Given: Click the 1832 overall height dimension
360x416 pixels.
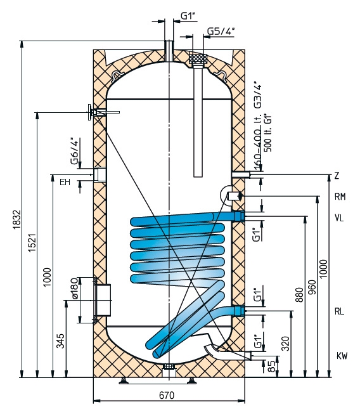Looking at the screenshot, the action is [16, 219].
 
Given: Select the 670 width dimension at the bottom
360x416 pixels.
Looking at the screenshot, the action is [167, 395].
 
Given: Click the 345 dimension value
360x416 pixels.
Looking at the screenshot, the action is [60, 341].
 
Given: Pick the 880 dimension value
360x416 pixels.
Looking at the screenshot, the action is [299, 295].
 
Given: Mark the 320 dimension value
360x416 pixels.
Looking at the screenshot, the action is [285, 344].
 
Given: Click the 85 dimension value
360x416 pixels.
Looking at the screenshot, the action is [271, 366].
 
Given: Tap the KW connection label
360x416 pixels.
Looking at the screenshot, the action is [342, 356].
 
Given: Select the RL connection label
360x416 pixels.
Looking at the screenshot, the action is [339, 311].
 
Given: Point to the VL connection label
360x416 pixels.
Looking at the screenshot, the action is [339, 218].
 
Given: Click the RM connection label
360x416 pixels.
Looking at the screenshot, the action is [340, 197].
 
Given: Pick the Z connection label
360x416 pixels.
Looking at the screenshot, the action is [337, 176].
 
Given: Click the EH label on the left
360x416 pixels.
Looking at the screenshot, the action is [65, 182].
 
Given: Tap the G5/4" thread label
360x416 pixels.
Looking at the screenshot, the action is [221, 31].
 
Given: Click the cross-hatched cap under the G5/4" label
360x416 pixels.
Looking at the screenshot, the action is [198, 58].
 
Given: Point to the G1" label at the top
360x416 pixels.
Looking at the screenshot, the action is [188, 16].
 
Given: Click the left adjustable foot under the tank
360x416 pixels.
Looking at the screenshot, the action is [124, 382].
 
